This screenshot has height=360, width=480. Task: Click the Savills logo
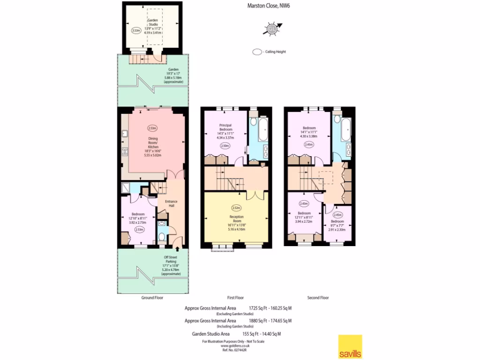(350, 346)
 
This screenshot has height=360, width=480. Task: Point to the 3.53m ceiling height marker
(136, 30)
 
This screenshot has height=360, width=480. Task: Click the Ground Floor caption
(152, 298)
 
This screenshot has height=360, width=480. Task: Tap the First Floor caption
(236, 298)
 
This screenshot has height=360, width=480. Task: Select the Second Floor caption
(318, 298)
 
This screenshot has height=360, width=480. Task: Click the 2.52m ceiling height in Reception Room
(236, 207)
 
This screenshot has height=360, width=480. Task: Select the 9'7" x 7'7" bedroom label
(337, 225)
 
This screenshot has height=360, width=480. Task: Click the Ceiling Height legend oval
(257, 52)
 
